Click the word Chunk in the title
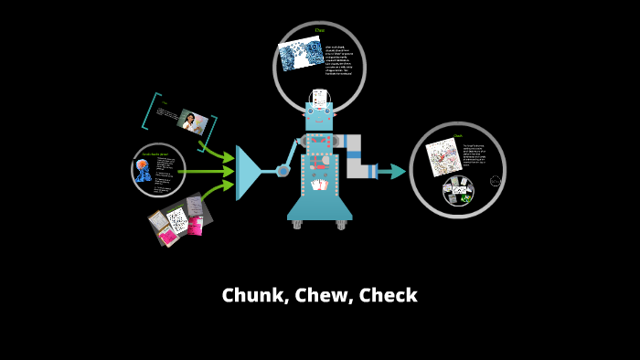click(254, 296)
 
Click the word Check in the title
click(388, 296)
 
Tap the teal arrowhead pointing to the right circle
click(398, 171)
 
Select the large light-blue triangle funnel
click(248, 172)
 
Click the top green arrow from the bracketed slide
click(217, 151)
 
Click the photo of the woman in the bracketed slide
click(193, 122)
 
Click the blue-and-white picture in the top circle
click(301, 54)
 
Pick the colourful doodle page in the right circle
click(443, 156)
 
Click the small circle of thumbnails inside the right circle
click(458, 191)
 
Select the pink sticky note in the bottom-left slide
click(168, 236)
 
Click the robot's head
click(319, 115)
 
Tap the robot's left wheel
click(297, 224)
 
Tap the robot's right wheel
click(342, 224)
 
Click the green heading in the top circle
click(320, 31)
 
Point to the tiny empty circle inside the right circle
click(496, 181)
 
